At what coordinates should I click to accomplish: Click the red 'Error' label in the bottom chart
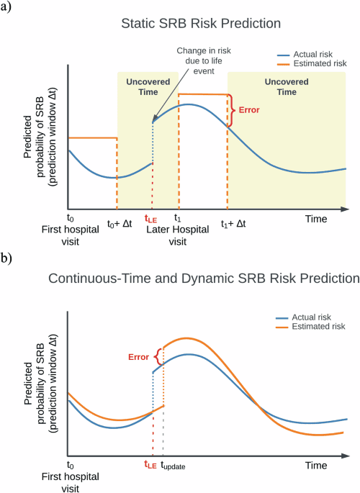click(x=138, y=355)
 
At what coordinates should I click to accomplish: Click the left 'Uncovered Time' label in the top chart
click(x=148, y=87)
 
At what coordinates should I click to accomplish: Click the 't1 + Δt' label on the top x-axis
click(x=233, y=224)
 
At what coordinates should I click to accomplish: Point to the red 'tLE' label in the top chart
click(x=150, y=218)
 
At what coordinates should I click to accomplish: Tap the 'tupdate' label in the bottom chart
click(x=173, y=466)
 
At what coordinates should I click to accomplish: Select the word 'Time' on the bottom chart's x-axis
click(x=315, y=466)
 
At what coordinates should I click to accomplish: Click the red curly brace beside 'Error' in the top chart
click(x=231, y=110)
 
